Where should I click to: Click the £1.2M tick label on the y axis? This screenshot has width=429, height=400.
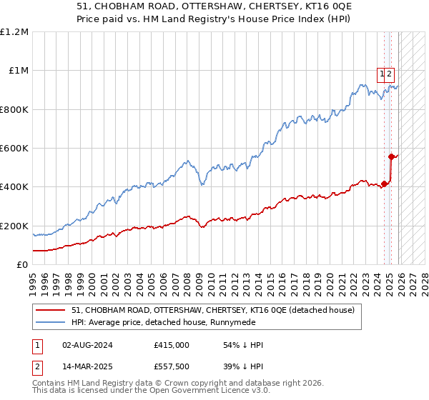14,32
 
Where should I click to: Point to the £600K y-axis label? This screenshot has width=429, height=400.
14,149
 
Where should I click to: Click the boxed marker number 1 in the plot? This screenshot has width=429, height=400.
382,73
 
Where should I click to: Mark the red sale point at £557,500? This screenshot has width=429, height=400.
392,156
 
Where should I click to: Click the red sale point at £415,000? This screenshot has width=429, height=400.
385,184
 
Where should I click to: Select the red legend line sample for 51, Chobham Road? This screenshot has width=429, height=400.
51,311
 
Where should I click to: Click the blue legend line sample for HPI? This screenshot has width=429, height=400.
51,323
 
